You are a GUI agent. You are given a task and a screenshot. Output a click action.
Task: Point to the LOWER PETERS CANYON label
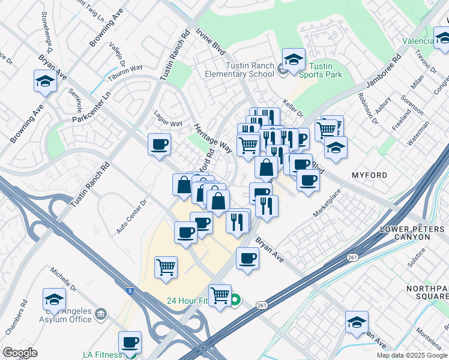pos(412,233)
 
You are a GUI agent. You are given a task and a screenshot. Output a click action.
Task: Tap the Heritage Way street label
pos(213,138)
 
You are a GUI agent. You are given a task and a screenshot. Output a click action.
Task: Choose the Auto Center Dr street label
pos(131,217)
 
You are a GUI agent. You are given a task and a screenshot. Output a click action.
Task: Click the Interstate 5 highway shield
pos(130,291)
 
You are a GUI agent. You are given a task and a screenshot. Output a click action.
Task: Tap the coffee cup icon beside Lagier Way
pos(160,145)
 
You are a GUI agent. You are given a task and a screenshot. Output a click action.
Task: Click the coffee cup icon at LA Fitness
pos(130,343)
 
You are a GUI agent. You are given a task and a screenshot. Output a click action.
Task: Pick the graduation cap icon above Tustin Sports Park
pos(293,59)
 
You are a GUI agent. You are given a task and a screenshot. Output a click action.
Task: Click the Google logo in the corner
pos(20,353)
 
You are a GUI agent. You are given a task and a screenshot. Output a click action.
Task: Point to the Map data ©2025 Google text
pos(412,355)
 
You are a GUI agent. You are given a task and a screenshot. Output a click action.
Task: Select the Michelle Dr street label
pos(64,280)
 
